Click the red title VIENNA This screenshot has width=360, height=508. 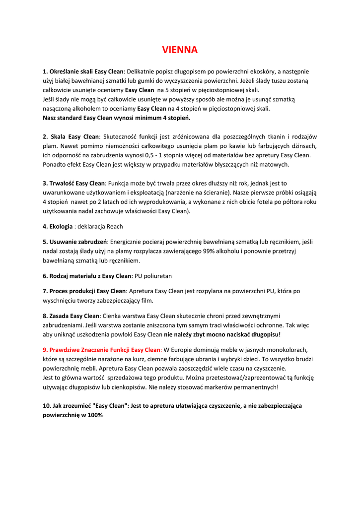coord(180,50)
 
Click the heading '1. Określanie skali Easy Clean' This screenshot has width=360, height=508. coord(83,71)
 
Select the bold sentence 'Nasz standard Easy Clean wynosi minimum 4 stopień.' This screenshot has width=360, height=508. coord(117,118)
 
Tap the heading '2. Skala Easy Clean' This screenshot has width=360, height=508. coord(71,136)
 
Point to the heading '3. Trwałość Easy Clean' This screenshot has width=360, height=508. coord(74,183)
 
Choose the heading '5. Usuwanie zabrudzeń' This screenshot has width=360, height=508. coord(75,242)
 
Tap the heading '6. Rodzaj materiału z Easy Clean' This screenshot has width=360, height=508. coord(87,275)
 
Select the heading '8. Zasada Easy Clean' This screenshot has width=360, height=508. coord(72,316)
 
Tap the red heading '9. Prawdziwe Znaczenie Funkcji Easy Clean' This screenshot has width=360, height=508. coord(102,349)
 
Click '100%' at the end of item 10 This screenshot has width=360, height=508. coord(92,415)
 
